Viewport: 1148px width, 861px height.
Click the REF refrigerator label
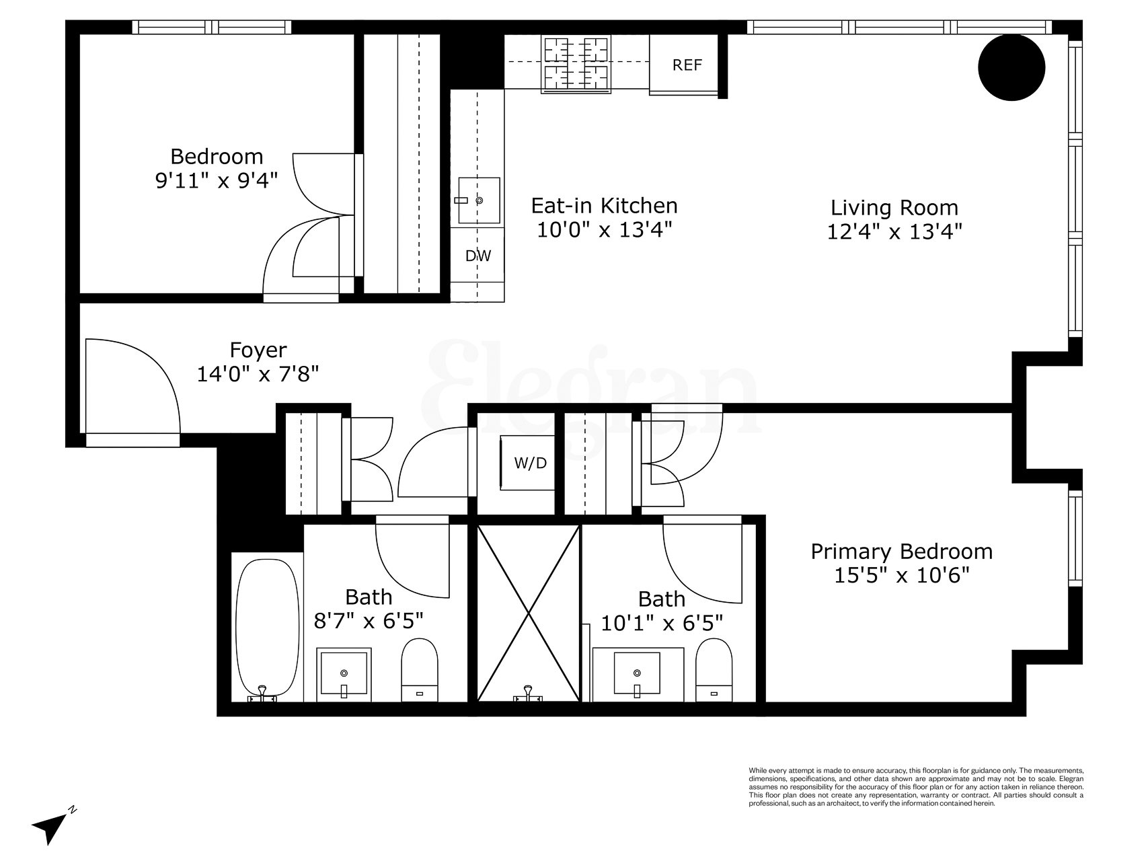687,65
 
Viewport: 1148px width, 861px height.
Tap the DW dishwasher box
478,256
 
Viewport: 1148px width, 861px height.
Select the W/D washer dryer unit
530,463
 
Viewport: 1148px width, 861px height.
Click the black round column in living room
1011,67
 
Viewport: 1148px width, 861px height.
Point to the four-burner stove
576,64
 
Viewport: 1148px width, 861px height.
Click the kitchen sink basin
479,200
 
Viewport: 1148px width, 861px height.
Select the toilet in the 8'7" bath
420,669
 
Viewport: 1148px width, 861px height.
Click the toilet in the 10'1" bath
714,669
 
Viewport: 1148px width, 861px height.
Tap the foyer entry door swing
131,387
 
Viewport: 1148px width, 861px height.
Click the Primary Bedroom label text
901,552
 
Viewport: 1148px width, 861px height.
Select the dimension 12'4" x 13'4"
894,231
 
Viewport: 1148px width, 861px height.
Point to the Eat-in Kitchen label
604,204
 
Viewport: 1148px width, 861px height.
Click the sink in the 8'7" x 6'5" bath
344,673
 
